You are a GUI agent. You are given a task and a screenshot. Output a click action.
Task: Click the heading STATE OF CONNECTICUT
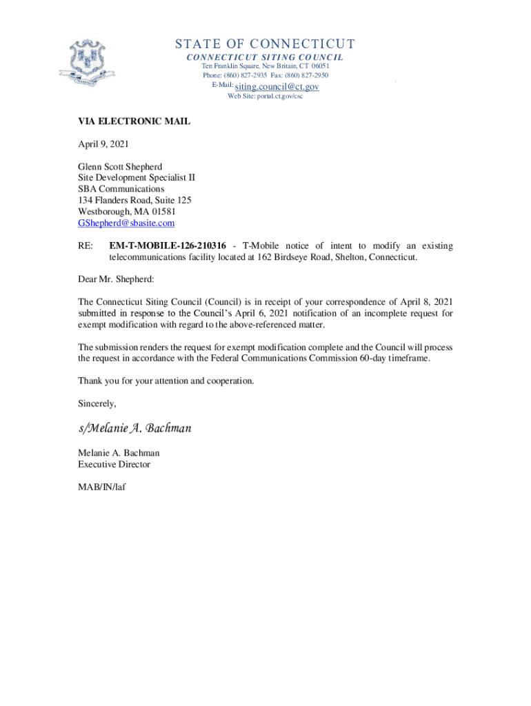click(x=265, y=45)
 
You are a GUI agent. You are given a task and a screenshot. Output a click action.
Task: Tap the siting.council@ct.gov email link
click(x=277, y=87)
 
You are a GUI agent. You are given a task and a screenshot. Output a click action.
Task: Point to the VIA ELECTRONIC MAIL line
click(x=134, y=122)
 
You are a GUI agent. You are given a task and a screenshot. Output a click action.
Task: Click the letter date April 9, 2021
click(x=103, y=145)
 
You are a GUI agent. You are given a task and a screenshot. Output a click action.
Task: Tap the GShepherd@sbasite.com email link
click(x=126, y=223)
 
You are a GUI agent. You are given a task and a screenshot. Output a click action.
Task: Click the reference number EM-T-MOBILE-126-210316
click(x=168, y=246)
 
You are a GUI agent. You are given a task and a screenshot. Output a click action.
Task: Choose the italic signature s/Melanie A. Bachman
click(x=134, y=428)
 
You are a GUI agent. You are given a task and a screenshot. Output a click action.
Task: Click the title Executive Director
click(x=114, y=465)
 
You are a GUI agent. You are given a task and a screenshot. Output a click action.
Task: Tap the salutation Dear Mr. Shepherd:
click(x=117, y=279)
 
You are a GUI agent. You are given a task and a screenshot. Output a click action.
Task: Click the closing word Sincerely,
click(x=97, y=403)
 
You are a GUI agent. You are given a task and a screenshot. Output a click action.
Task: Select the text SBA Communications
click(x=121, y=189)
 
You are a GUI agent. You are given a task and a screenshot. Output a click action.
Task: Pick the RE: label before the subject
click(x=86, y=246)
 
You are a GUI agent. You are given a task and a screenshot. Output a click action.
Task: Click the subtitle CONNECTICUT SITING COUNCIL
click(x=265, y=57)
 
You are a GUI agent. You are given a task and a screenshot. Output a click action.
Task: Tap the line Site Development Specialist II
click(x=137, y=177)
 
